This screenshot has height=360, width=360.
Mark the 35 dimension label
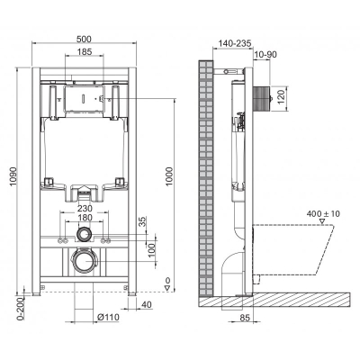pyautogui.click(x=140, y=221)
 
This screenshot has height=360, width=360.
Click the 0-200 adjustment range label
pyautogui.click(x=10, y=311)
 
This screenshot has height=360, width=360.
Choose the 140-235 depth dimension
pyautogui.click(x=231, y=42)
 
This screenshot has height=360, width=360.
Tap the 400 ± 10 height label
pyautogui.click(x=325, y=213)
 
